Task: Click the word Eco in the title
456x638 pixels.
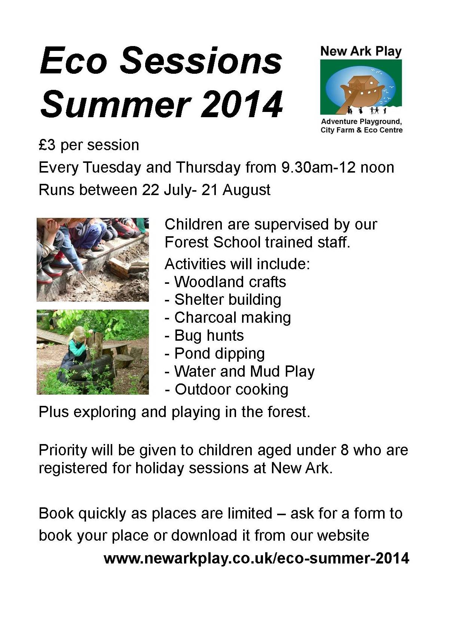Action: click(x=73, y=61)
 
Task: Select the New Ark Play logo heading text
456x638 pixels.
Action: click(x=361, y=52)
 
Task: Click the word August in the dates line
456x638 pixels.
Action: click(x=246, y=190)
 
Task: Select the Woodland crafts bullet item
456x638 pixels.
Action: click(x=230, y=282)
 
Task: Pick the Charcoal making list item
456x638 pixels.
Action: click(x=233, y=318)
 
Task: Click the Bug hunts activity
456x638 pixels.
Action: click(x=209, y=335)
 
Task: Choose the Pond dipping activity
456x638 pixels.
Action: click(x=220, y=353)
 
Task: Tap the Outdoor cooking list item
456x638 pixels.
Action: click(x=232, y=389)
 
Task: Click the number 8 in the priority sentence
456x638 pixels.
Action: click(x=345, y=450)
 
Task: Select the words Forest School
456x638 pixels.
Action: click(x=212, y=242)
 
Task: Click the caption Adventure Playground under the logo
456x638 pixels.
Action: click(x=361, y=122)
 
